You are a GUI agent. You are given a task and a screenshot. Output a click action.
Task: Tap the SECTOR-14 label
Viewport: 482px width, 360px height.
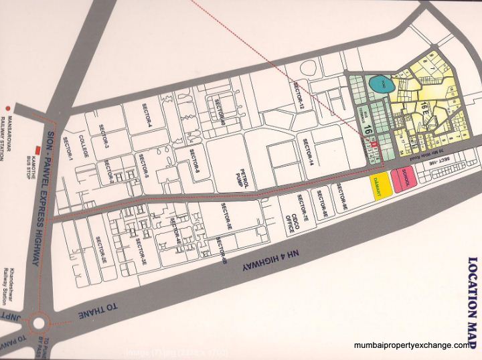(305, 155)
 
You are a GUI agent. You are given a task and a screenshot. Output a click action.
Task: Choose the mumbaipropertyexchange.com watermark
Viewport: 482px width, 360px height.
(411, 345)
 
